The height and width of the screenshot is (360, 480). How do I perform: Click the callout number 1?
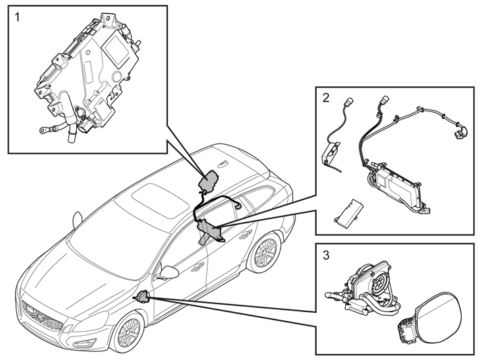(x=18, y=17)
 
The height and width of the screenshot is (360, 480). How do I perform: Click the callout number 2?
(x=326, y=98)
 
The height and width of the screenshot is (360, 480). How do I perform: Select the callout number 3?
(x=326, y=255)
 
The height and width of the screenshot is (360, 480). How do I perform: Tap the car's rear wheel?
(x=263, y=253)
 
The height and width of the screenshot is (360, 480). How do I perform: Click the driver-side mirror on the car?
(x=168, y=272)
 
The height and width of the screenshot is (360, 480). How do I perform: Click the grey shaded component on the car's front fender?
(x=144, y=297)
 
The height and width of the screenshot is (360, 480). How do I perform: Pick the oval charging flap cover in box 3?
(x=438, y=316)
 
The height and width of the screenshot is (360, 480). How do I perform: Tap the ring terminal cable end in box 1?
(x=43, y=131)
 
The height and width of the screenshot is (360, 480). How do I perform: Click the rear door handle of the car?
(x=245, y=235)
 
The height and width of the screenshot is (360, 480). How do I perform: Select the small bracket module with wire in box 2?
(x=330, y=154)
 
